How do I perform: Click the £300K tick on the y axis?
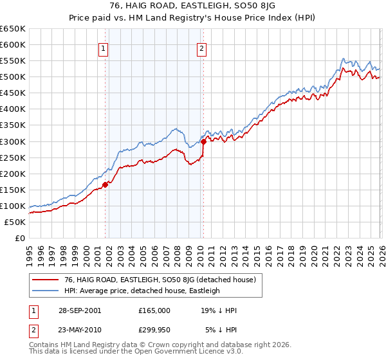14,141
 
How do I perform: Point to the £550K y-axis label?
14,61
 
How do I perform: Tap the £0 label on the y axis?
19,239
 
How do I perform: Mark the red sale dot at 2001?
106,184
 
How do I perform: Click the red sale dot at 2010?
203,141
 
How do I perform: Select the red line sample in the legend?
46,280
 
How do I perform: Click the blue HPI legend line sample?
46,291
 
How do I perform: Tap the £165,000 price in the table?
154,310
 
